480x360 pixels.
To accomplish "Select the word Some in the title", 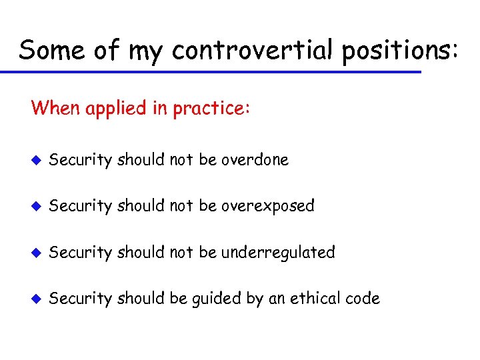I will coord(51,50).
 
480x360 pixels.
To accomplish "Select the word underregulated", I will coord(278,253).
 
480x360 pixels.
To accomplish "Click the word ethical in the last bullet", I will coord(315,299).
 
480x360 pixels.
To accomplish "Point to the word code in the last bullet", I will coord(363,299).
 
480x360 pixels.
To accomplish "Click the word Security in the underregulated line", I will coord(81,253).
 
